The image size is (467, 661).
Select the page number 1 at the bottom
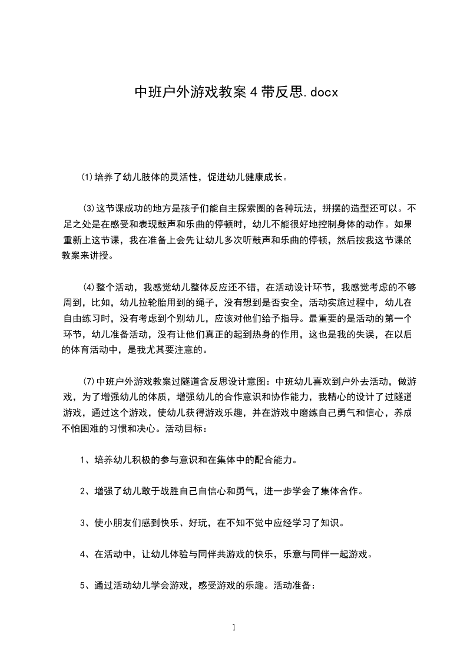coord(234,628)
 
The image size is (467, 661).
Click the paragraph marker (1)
coord(87,177)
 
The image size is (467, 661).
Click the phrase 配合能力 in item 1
coord(269,460)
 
